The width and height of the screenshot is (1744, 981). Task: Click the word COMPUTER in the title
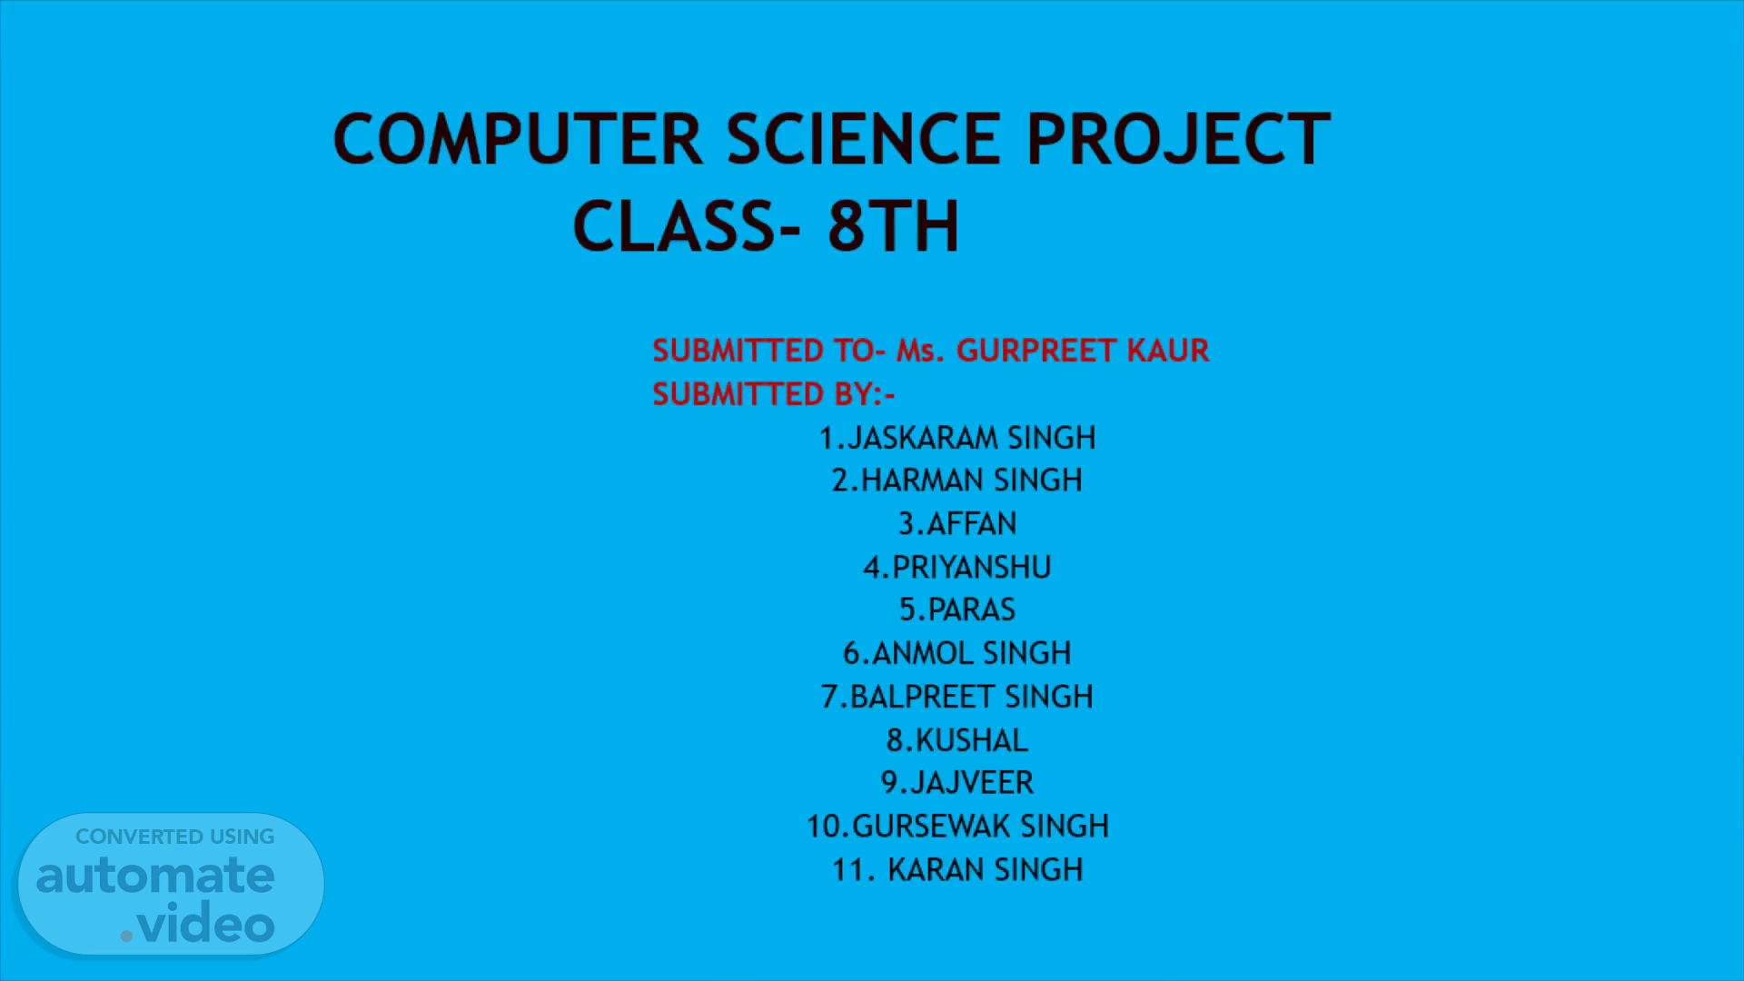[x=518, y=139]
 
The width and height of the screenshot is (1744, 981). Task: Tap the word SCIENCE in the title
[x=863, y=139]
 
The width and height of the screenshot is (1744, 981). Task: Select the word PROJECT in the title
[x=1178, y=139]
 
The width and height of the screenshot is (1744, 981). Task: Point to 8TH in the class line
[x=893, y=226]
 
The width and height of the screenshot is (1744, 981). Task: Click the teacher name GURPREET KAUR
[x=1083, y=351]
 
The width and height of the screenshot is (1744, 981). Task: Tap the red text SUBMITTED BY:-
[x=774, y=394]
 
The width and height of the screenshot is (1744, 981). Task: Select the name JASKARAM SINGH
[x=971, y=438]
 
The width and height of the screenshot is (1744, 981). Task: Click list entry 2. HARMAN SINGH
[x=957, y=480]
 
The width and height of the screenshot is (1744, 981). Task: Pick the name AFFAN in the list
[x=972, y=523]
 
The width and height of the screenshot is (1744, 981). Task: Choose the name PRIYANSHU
[x=972, y=567]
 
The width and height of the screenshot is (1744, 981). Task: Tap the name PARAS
[x=972, y=609]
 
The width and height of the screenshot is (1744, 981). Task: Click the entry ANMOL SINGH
[x=972, y=652]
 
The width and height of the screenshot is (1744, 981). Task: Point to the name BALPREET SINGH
[x=972, y=696]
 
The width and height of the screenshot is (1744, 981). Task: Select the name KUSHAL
[x=972, y=740]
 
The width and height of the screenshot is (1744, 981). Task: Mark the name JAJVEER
[x=972, y=782]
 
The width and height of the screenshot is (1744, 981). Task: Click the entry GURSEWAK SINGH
[x=981, y=826]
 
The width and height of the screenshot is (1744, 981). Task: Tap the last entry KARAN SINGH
[x=986, y=869]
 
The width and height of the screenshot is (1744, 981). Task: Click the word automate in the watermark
[x=155, y=876]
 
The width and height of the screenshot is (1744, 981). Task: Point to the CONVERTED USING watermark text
[x=174, y=837]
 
